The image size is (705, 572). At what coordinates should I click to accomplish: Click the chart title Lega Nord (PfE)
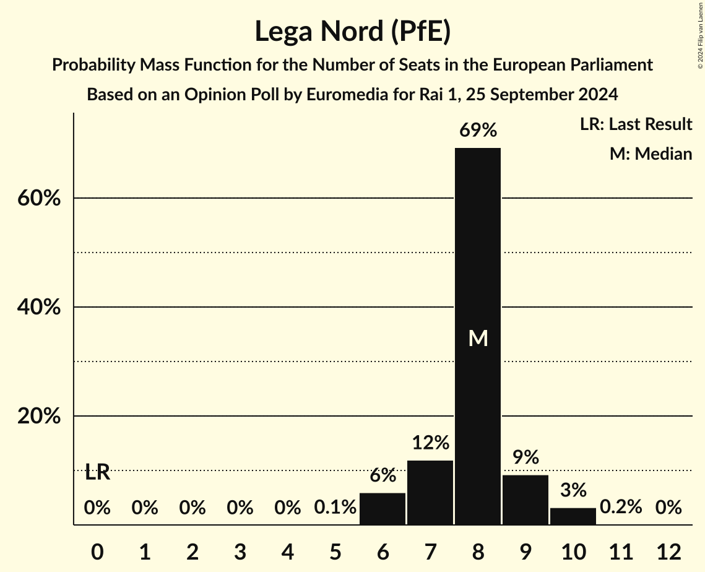click(x=352, y=32)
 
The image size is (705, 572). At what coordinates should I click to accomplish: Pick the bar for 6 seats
click(x=383, y=509)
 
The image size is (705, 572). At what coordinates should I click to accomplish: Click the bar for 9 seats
click(x=526, y=500)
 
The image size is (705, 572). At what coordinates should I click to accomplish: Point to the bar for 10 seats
click(x=573, y=516)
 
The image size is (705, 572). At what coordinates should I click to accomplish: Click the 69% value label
click(x=478, y=130)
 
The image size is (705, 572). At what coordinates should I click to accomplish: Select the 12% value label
click(x=430, y=443)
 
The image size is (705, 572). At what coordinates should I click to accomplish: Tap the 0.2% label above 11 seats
click(x=621, y=508)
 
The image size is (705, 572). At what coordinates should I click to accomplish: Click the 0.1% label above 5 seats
click(x=335, y=508)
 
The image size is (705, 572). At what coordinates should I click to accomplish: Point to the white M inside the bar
click(x=478, y=338)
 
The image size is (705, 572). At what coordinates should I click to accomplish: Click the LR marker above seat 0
click(x=97, y=473)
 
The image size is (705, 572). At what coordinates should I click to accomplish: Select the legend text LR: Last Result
click(x=636, y=124)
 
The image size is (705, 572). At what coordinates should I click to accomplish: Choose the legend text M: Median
click(x=651, y=154)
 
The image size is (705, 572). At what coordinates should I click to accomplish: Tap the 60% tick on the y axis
click(x=38, y=199)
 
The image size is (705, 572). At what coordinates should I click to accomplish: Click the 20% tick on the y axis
click(x=38, y=417)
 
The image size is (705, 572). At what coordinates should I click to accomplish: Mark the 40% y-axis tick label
click(x=38, y=308)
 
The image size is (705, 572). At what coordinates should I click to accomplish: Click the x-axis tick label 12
click(x=668, y=552)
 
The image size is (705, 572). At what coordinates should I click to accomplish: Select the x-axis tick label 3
click(x=240, y=552)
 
